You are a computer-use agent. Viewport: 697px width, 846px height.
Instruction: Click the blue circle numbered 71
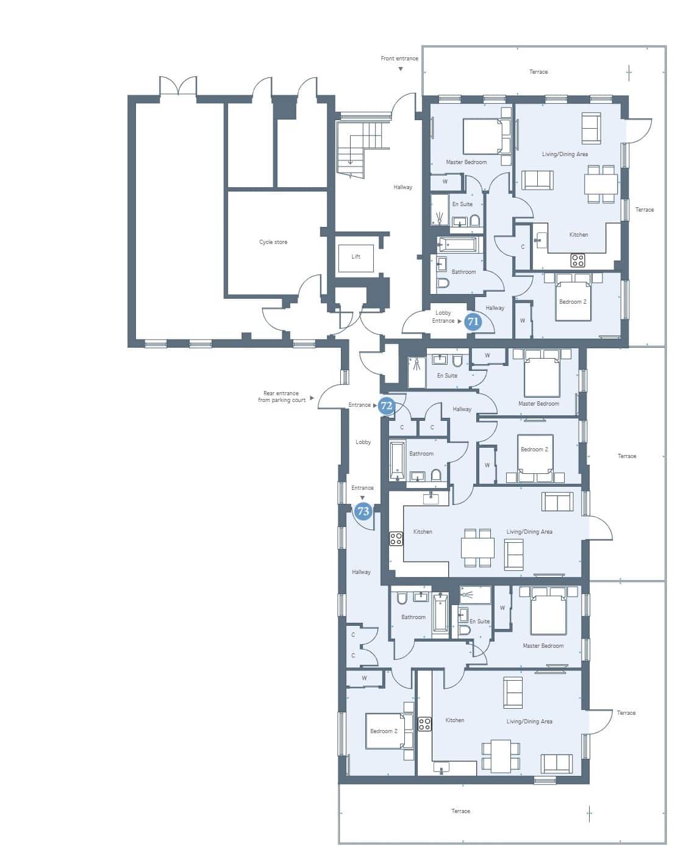(x=473, y=321)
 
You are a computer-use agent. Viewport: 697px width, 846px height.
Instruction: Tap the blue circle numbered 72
(x=387, y=405)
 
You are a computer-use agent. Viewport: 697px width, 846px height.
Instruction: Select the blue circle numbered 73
(x=363, y=511)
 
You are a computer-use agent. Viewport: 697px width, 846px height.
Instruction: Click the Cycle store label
(x=273, y=242)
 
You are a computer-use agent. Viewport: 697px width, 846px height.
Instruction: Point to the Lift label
(x=356, y=256)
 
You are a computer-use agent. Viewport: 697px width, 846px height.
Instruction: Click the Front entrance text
(x=399, y=59)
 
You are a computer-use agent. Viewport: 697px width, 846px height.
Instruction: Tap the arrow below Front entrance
(x=401, y=69)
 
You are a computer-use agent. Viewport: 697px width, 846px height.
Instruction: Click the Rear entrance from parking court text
(x=282, y=396)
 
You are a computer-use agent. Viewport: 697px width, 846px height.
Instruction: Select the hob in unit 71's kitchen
(x=577, y=260)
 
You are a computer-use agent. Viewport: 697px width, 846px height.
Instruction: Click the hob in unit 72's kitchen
(x=396, y=539)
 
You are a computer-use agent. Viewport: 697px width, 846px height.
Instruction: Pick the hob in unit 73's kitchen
(x=424, y=724)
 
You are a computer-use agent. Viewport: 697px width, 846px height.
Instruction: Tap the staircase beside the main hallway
(x=359, y=149)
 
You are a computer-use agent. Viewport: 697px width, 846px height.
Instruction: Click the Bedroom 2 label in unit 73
(x=384, y=731)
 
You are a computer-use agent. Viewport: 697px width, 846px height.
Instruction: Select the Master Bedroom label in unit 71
(x=466, y=162)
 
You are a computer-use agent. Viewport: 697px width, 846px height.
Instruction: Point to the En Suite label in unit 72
(x=447, y=376)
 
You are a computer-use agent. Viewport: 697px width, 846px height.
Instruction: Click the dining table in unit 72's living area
(x=477, y=548)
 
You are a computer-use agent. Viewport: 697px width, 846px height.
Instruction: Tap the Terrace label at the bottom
(x=460, y=811)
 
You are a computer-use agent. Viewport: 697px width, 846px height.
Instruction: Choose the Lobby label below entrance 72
(x=363, y=442)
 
